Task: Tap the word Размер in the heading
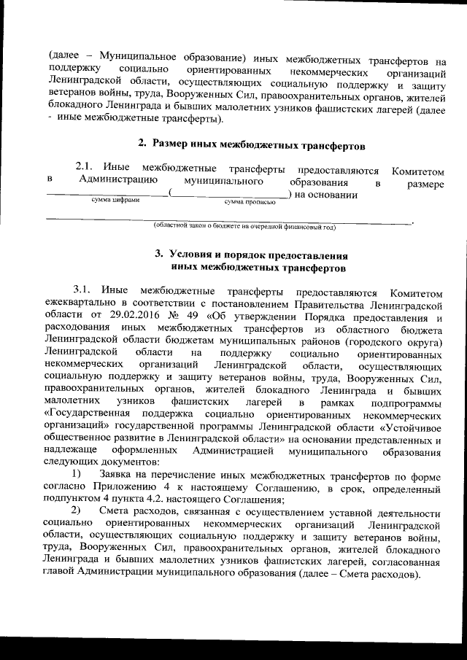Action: pos(178,143)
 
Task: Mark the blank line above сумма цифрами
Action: pos(107,193)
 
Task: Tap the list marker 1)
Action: pos(77,474)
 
